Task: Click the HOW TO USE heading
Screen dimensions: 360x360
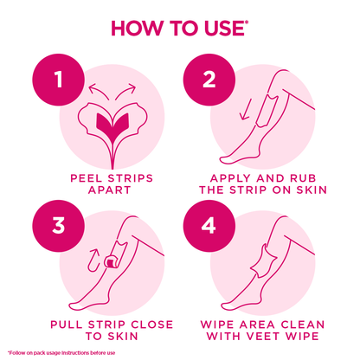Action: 179,28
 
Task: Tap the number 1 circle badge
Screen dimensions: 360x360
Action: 59,80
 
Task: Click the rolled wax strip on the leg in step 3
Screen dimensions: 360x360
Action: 111,260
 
